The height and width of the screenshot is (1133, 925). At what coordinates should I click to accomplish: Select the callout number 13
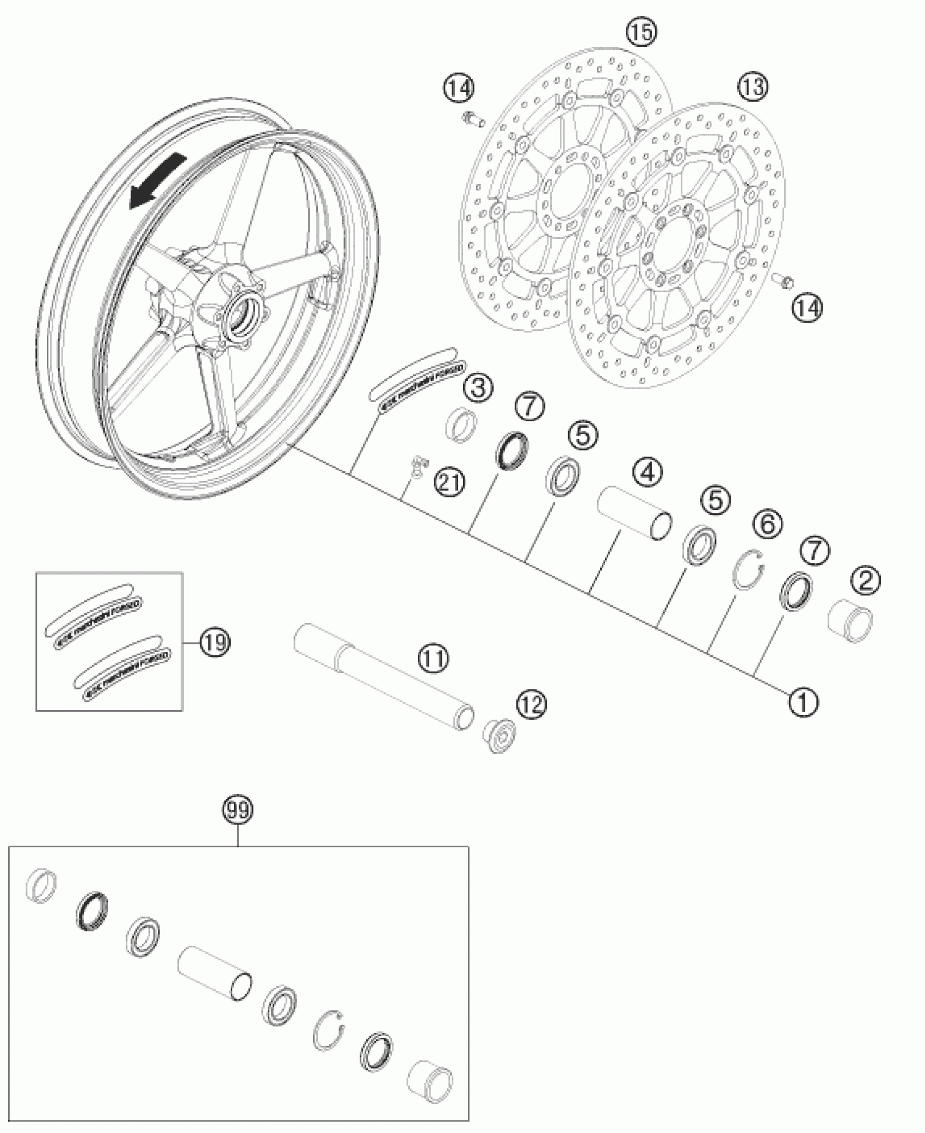[754, 87]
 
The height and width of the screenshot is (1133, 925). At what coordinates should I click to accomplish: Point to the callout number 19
[214, 643]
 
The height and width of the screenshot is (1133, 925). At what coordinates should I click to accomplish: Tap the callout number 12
[531, 705]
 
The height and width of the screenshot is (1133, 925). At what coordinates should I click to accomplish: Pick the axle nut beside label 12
[499, 736]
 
